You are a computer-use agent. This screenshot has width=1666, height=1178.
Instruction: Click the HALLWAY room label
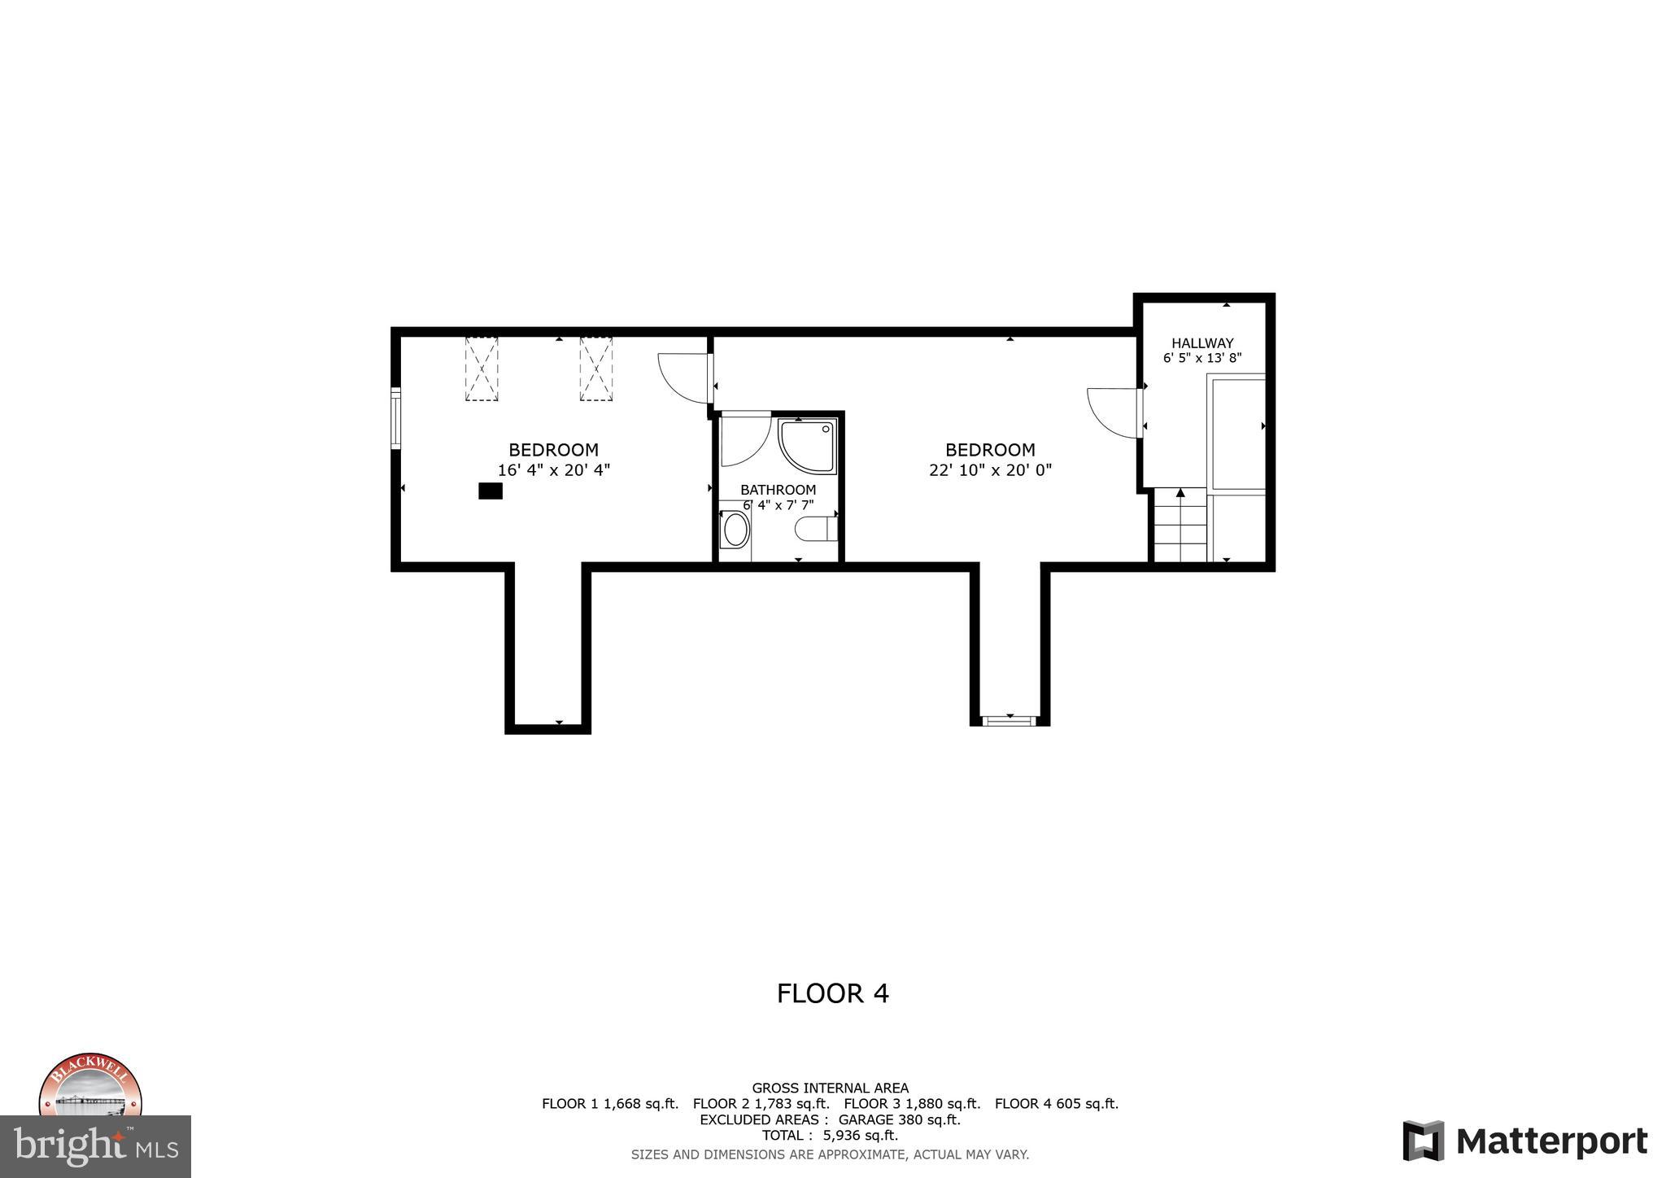point(1202,343)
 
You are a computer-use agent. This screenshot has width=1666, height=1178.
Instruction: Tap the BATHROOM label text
point(778,490)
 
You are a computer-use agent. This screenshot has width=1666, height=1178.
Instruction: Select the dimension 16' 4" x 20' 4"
point(553,470)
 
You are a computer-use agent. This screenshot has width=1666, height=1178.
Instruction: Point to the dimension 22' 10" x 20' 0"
point(990,470)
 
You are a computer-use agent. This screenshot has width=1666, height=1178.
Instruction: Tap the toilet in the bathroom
point(815,530)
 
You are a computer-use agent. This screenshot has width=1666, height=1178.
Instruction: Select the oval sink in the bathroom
point(735,530)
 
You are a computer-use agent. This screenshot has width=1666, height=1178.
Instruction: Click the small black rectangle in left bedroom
point(490,491)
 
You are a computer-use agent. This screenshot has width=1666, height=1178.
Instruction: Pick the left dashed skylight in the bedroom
point(481,369)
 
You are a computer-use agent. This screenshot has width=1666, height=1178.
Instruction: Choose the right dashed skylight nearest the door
point(595,369)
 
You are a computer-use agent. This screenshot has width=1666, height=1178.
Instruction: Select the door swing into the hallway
point(1114,413)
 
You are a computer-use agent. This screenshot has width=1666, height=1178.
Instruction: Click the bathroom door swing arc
point(744,439)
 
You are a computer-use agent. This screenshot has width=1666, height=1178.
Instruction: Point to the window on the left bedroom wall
point(395,418)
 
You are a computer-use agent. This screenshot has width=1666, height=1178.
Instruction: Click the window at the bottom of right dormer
point(1010,720)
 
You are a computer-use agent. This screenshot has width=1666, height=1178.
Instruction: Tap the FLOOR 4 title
point(832,993)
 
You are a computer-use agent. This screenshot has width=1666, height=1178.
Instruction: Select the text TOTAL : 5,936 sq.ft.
point(829,1135)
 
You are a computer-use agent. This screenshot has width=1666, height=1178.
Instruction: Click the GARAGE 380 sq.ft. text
point(899,1119)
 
